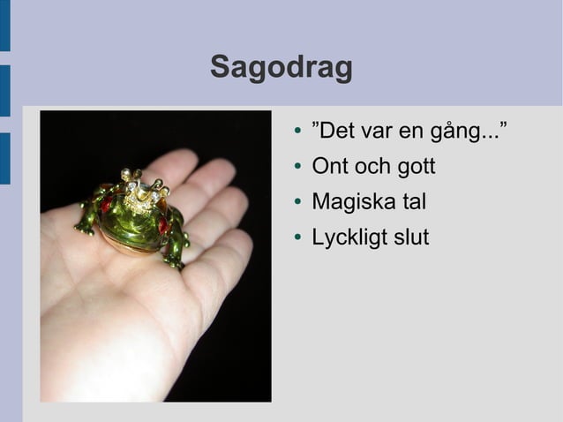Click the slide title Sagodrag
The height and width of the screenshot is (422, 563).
[x=281, y=68]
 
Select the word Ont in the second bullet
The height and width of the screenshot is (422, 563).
[x=329, y=167]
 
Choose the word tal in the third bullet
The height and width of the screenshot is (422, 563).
[x=414, y=202]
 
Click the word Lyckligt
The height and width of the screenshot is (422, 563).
[x=349, y=238]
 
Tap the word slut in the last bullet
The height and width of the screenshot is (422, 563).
[x=411, y=238]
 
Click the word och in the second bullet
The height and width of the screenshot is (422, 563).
[x=371, y=167]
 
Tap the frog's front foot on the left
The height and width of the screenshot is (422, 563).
[x=85, y=228]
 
